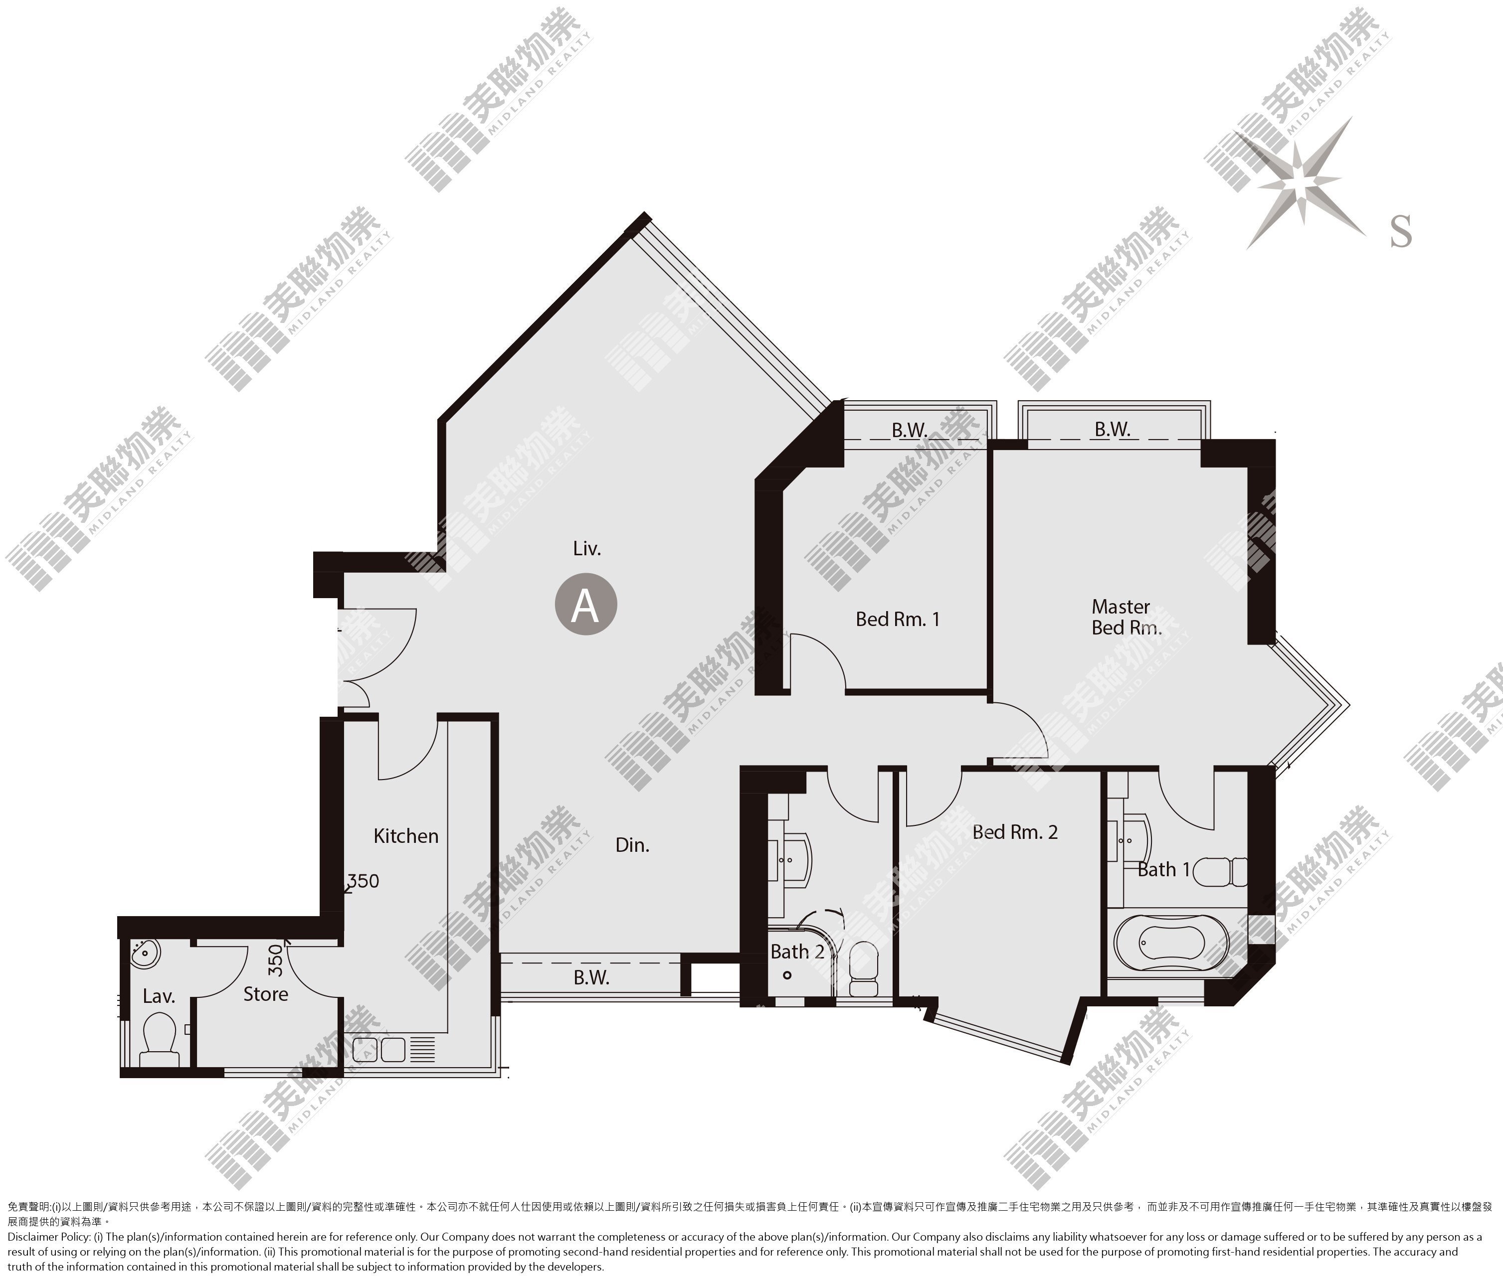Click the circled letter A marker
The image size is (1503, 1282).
(x=586, y=604)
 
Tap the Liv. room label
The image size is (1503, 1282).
(x=587, y=549)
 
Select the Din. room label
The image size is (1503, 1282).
(x=632, y=845)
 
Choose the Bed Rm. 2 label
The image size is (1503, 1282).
(x=1015, y=832)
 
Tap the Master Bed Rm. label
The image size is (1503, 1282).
(x=1126, y=617)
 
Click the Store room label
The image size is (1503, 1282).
(x=265, y=994)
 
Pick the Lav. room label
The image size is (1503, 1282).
(x=159, y=996)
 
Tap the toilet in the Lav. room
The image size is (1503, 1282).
(x=159, y=1041)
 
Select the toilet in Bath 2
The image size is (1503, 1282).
(x=863, y=969)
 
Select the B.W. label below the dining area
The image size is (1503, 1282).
(x=591, y=977)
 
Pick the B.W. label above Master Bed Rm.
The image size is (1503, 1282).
(x=1113, y=429)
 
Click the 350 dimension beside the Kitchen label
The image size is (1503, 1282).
(x=363, y=881)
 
